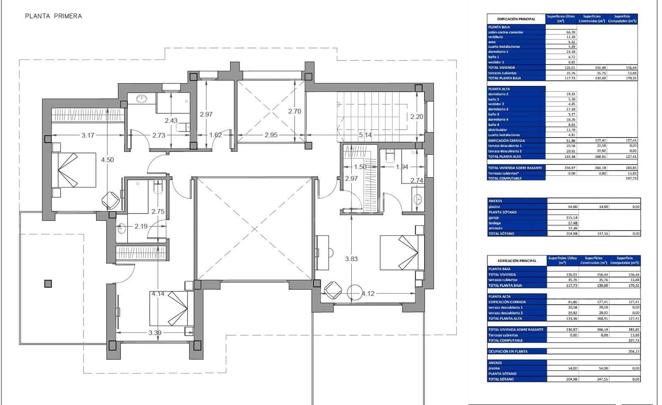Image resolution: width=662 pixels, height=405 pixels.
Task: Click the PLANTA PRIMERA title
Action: pos(53,16)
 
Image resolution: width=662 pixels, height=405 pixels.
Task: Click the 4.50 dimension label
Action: pos(107,160)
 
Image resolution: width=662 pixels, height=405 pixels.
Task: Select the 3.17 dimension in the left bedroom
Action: pos(88,135)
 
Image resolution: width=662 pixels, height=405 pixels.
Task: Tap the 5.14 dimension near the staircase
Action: pos(365,135)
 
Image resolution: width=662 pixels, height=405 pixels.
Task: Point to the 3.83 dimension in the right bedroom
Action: pos(351,259)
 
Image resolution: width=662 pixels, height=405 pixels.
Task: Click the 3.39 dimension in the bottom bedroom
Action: pos(155,333)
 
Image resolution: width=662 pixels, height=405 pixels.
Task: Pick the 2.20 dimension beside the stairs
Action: pos(417,117)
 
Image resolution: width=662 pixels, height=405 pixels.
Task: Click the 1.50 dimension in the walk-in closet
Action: pos(360,167)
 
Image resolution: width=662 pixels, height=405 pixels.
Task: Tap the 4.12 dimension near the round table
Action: pos(368,293)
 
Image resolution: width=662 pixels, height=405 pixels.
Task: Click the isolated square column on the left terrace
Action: pos(48,283)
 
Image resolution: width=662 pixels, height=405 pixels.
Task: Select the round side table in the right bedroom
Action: pos(355,293)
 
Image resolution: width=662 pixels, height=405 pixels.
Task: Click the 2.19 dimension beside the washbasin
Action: pos(141,226)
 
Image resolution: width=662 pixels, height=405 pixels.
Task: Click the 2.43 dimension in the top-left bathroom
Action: pos(171,121)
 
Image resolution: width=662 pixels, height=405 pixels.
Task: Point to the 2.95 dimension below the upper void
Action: pos(271,135)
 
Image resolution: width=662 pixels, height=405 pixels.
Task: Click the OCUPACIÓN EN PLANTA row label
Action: pos(508,351)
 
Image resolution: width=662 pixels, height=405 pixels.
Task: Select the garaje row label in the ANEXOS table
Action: pos(494,217)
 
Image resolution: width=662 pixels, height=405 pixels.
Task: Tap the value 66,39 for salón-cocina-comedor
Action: pos(571,32)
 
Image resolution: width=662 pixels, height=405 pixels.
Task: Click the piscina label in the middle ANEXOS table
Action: pos(494,207)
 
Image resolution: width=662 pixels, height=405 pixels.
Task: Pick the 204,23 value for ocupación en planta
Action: pos(633,351)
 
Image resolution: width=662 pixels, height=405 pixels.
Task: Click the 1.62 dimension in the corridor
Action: pos(216,135)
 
